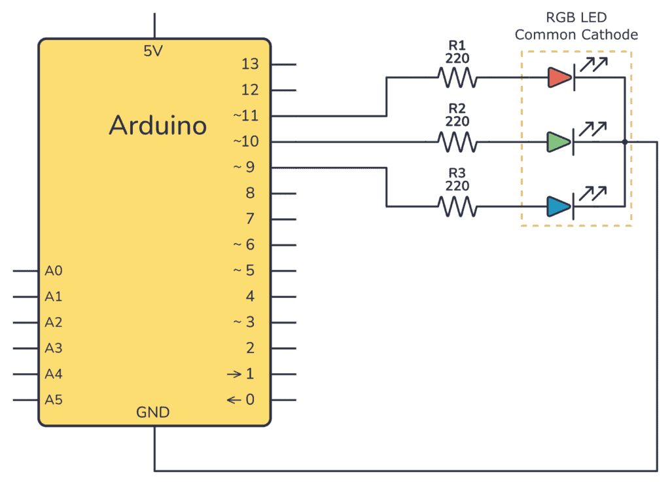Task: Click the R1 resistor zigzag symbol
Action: tap(458, 78)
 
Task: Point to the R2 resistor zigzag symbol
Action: tap(458, 141)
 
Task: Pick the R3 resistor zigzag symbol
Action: tap(458, 206)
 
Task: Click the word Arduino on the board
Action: tap(158, 125)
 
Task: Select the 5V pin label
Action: tap(153, 51)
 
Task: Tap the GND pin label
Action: tap(153, 413)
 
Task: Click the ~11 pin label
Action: tap(246, 116)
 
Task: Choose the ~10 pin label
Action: tap(246, 141)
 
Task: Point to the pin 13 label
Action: tap(250, 64)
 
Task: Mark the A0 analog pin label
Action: tap(54, 270)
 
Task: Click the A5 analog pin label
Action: tap(54, 400)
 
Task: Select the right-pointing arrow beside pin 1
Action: tap(234, 374)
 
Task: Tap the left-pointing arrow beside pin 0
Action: tap(234, 400)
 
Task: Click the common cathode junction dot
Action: tap(625, 141)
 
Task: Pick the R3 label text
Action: tap(458, 173)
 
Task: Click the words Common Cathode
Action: tap(576, 35)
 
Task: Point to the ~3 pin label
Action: tap(246, 322)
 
